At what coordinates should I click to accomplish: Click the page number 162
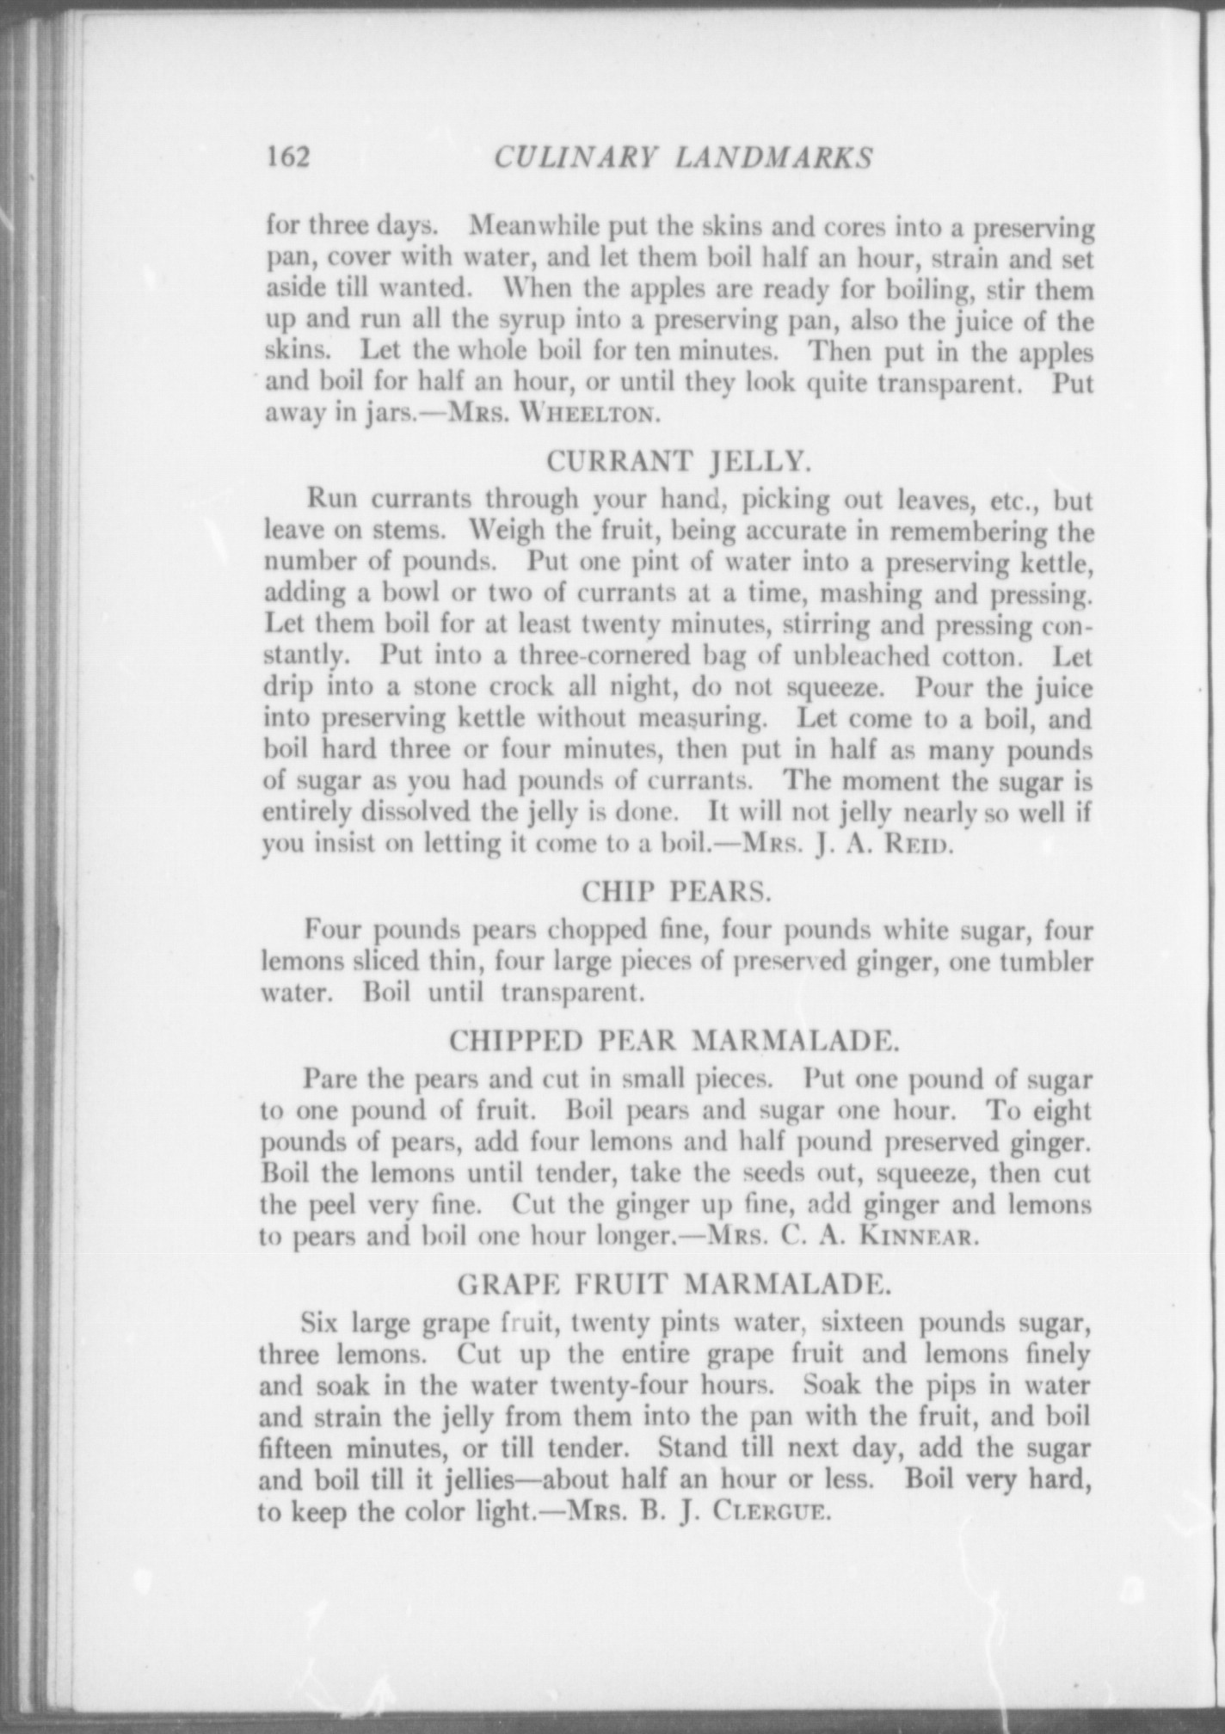pos(287,157)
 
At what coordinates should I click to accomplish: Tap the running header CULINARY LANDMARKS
pos(684,157)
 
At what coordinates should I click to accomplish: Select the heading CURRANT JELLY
pos(679,462)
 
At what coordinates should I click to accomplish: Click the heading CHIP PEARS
pos(676,892)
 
